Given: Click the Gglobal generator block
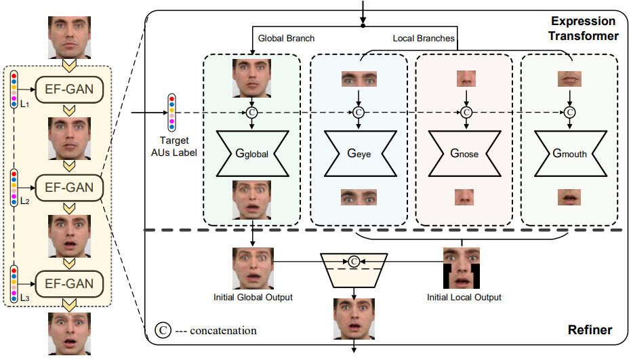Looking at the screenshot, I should click(x=251, y=153).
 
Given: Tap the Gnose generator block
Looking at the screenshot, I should click(x=464, y=153).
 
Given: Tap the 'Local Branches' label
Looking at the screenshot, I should click(x=424, y=39).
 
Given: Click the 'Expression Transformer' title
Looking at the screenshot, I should click(x=584, y=28).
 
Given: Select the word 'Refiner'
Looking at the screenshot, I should click(x=590, y=330).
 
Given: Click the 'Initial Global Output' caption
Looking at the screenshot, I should click(x=253, y=297).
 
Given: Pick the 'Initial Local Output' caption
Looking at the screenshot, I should click(x=464, y=297).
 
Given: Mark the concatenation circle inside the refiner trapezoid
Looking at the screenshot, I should click(x=352, y=260).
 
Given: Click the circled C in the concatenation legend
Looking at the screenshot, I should click(x=162, y=330).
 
